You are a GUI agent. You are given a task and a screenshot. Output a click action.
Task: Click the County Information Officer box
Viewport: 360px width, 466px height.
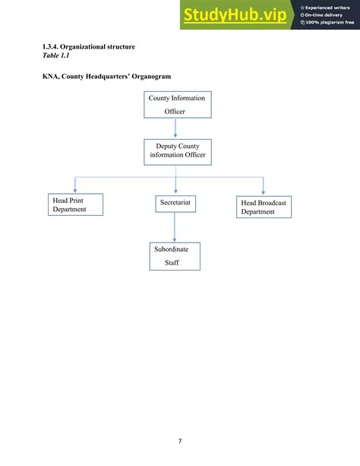(x=176, y=104)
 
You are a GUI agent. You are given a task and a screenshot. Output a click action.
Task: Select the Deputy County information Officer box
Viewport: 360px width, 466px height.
(x=176, y=152)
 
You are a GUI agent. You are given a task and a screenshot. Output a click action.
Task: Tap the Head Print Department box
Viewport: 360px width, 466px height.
(x=74, y=204)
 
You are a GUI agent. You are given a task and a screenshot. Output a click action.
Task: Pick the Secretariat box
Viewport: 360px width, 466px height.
(x=175, y=203)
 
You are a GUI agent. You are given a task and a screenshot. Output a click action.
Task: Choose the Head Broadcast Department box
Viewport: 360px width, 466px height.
(x=263, y=207)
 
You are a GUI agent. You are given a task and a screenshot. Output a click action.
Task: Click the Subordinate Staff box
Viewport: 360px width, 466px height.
(x=175, y=256)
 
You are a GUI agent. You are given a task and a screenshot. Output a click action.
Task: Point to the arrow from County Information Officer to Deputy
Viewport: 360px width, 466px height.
(x=176, y=128)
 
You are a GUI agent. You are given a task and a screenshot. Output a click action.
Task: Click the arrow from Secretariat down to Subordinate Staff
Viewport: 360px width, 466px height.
(x=175, y=227)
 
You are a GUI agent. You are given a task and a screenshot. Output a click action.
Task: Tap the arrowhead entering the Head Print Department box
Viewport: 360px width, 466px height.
(x=74, y=191)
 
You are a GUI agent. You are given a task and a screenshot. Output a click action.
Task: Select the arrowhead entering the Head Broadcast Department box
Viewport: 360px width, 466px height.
(x=263, y=192)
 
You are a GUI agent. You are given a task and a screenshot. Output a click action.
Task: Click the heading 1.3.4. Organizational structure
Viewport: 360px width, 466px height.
(x=89, y=47)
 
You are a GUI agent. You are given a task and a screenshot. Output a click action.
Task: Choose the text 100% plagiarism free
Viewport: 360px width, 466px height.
(x=328, y=23)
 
